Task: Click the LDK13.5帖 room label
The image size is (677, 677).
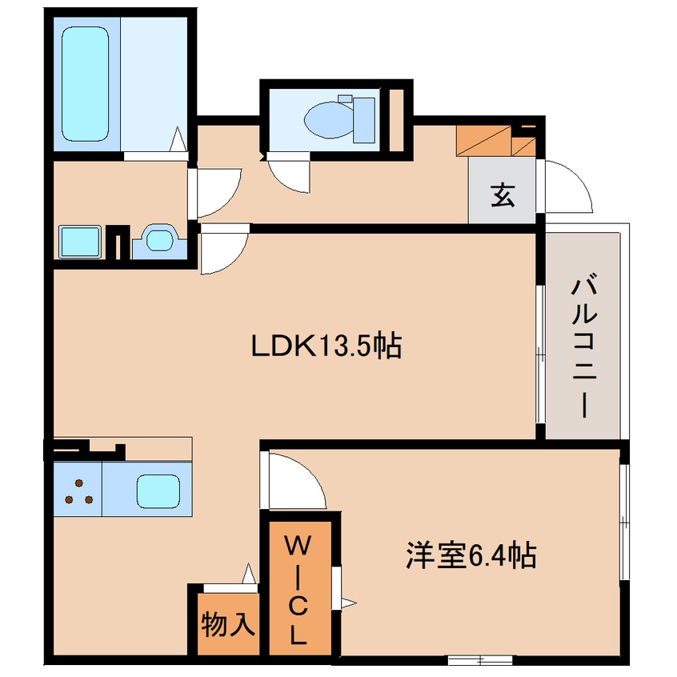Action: tap(326, 346)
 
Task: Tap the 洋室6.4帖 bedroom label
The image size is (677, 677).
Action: tap(470, 554)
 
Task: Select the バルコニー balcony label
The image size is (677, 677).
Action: tap(585, 347)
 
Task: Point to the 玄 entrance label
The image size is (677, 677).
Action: tap(502, 195)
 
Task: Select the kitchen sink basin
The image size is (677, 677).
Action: tap(157, 490)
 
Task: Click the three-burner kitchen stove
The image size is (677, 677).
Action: tap(78, 491)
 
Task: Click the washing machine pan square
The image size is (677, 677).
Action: tap(79, 241)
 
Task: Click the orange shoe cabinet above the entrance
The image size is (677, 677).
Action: tap(487, 142)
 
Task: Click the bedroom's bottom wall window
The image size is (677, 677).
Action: tap(479, 659)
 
